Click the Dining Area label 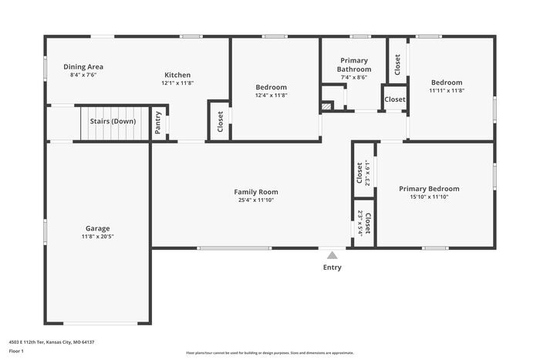pyautogui.click(x=83, y=67)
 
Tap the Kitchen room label pyautogui.click(x=177, y=75)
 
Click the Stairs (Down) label pyautogui.click(x=113, y=122)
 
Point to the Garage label pyautogui.click(x=97, y=228)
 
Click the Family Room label pyautogui.click(x=256, y=192)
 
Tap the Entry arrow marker pyautogui.click(x=332, y=255)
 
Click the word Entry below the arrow pyautogui.click(x=332, y=268)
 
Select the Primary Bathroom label pyautogui.click(x=354, y=65)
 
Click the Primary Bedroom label pyautogui.click(x=429, y=189)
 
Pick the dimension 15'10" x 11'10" pyautogui.click(x=429, y=197)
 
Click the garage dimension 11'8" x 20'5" pyautogui.click(x=97, y=237)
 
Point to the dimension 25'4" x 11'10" pyautogui.click(x=256, y=200)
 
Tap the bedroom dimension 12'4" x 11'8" pyautogui.click(x=272, y=96)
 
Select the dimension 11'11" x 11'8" pyautogui.click(x=447, y=91)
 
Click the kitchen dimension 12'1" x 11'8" pyautogui.click(x=177, y=83)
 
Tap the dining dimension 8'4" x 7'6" pyautogui.click(x=83, y=76)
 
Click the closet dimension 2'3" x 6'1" pyautogui.click(x=368, y=174)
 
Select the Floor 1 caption pyautogui.click(x=16, y=352)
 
